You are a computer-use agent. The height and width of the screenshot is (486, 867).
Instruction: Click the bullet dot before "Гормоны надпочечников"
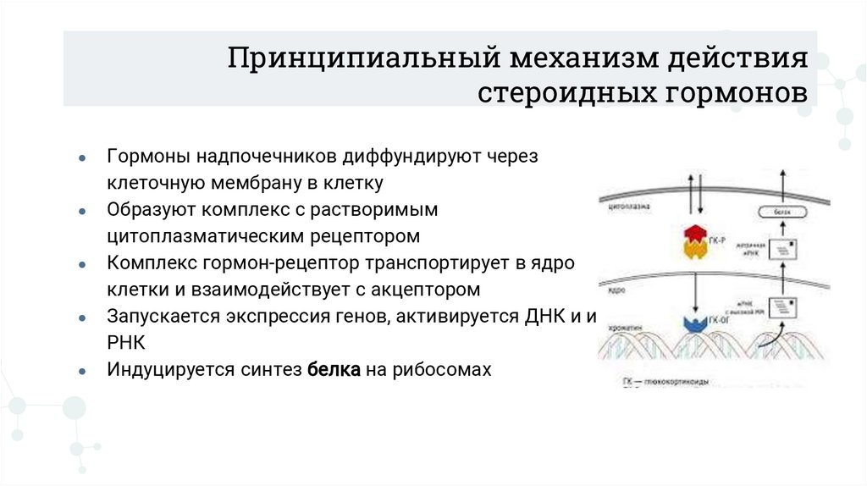click(81, 158)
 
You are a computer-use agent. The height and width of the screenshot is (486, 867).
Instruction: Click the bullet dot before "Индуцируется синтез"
click(81, 371)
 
